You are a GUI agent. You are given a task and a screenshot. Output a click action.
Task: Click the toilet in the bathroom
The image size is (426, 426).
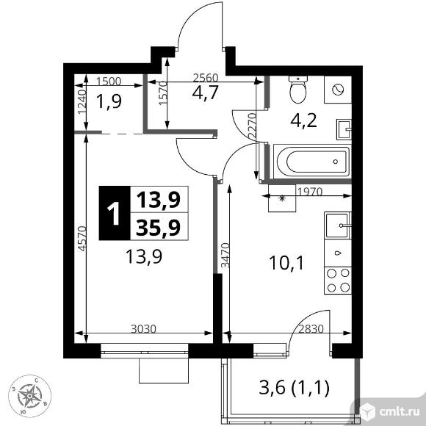[x=298, y=90]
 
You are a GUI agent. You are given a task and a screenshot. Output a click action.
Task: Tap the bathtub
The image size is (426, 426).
[x=312, y=162]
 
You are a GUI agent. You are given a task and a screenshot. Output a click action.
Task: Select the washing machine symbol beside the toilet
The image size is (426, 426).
[x=338, y=90]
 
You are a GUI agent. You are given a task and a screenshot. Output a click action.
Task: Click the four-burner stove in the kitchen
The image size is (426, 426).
[x=338, y=281]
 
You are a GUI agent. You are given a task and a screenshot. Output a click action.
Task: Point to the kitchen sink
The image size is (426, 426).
[x=338, y=225]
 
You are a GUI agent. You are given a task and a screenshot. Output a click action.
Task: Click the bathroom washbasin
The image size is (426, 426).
[x=344, y=129]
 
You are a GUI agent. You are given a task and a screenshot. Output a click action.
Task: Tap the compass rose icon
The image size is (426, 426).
[x=29, y=396]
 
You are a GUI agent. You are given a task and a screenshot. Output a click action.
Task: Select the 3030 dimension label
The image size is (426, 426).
[x=143, y=329]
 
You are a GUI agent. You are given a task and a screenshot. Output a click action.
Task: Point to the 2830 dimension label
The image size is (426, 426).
[x=311, y=329]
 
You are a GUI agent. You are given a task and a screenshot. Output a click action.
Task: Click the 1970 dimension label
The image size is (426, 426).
[x=310, y=192]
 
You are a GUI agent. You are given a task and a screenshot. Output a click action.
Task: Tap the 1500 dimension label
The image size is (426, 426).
[x=109, y=82]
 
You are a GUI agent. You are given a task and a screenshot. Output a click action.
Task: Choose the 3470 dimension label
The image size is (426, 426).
[x=225, y=256]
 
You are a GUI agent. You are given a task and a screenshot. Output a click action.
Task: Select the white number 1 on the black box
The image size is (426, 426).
[x=115, y=214]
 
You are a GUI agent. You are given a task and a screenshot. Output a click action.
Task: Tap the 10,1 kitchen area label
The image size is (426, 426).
[x=286, y=263]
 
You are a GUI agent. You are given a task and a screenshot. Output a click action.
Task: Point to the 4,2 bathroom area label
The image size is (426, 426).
[x=304, y=120]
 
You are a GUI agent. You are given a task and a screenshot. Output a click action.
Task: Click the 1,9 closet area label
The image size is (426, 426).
[x=109, y=101]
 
